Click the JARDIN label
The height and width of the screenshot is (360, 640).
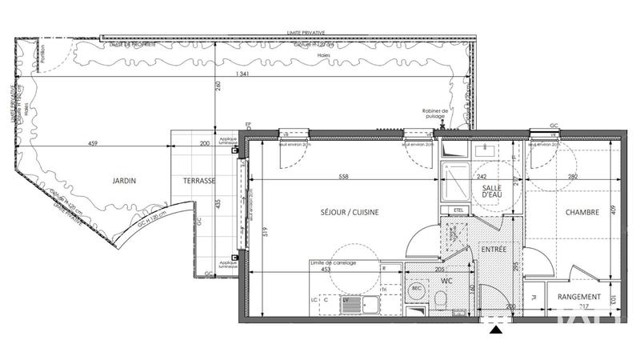pos(124,182)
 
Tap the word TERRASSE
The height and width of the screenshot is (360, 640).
pos(200,182)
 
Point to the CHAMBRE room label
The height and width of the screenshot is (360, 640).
pos(583,212)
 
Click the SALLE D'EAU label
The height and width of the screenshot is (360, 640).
pos(491,192)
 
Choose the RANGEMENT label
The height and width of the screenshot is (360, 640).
pos(580,298)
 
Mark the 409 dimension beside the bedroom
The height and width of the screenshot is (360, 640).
pos(614,210)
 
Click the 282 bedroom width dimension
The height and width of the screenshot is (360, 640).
pos(571,177)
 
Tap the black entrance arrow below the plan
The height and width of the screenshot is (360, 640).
pos(497,328)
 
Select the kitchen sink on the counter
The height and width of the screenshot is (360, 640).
pos(351,304)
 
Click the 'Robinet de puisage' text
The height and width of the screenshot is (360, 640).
pos(438,114)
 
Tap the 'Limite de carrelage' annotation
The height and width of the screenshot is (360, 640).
pos(334,262)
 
